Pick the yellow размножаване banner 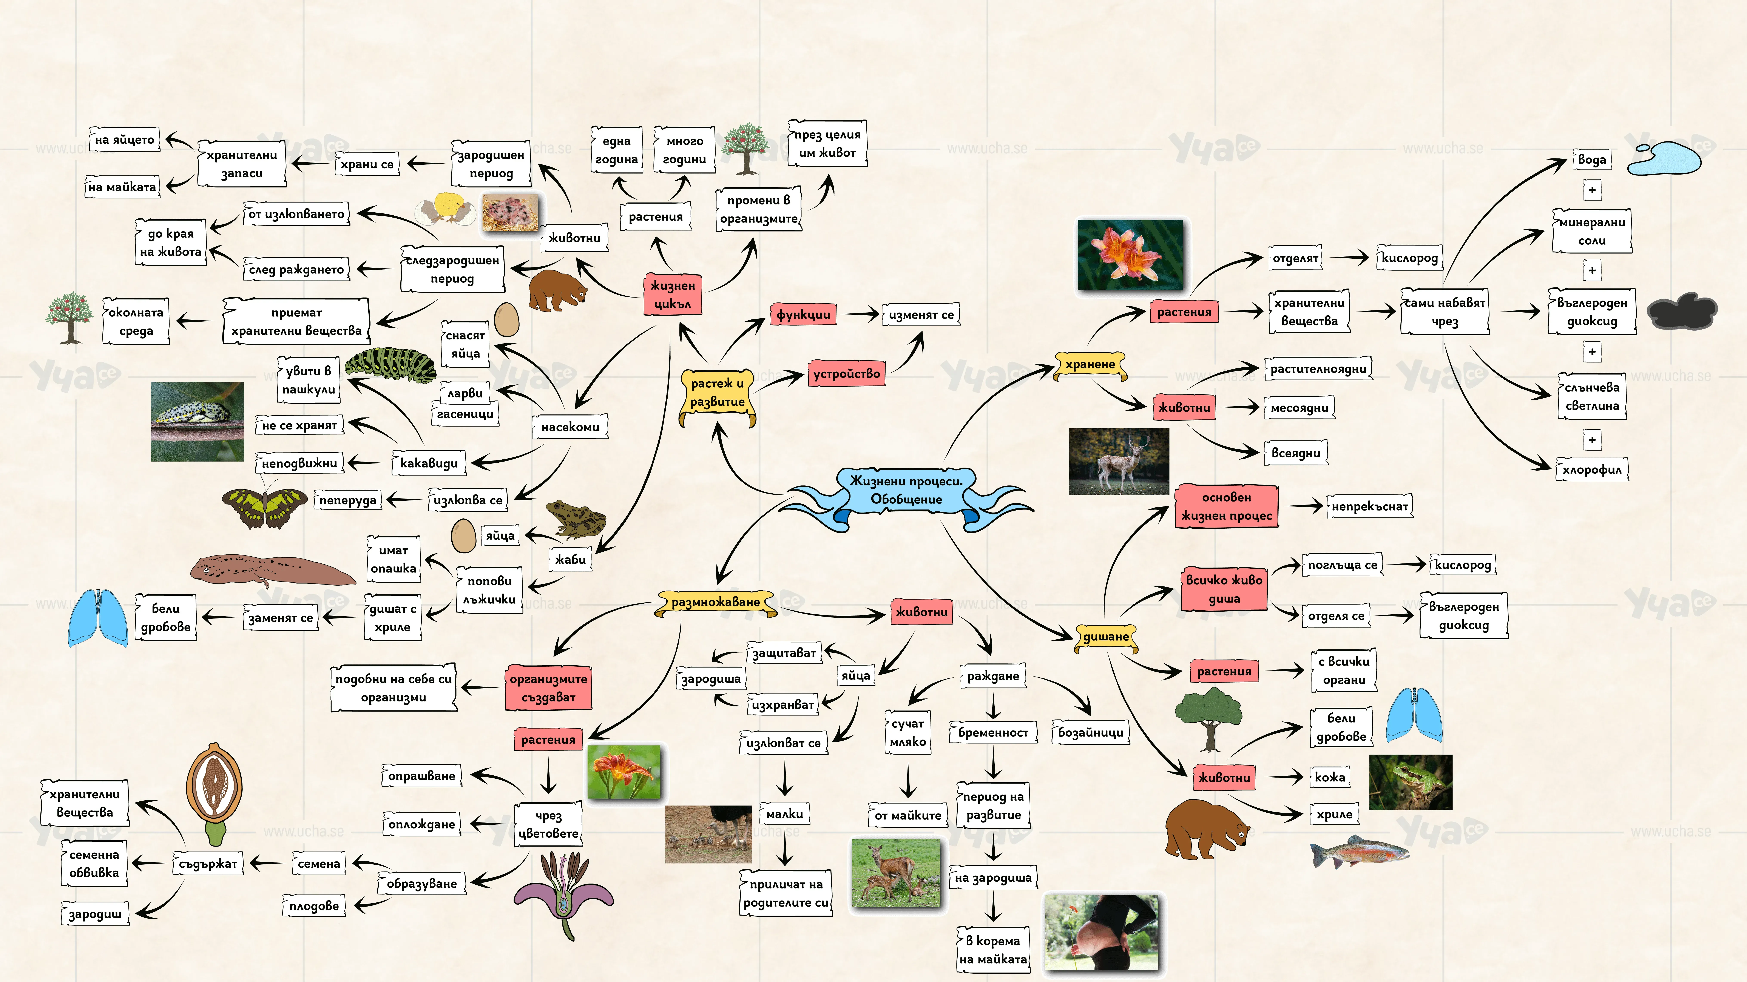click(716, 602)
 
